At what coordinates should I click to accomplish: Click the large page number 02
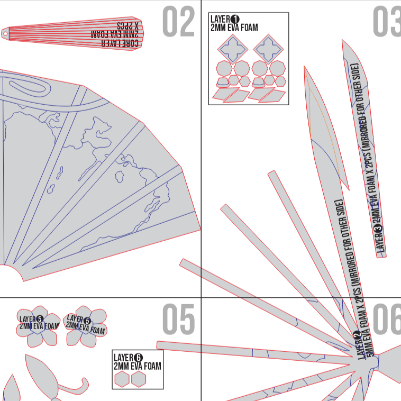pos(178,22)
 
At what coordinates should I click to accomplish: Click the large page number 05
pos(178,320)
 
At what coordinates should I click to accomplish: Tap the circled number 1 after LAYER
pos(235,20)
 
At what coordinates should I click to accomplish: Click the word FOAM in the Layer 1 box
pos(246,28)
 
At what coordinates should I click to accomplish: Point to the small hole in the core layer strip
pos(6,33)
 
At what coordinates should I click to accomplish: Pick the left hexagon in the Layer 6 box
pos(122,379)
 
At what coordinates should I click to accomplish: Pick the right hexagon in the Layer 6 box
pos(139,379)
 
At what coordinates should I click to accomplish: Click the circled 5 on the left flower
pos(40,319)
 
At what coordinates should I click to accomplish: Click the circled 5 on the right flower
pos(87,321)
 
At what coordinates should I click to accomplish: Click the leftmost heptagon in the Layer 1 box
pos(223,68)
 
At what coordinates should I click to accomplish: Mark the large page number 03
pos(386,22)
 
